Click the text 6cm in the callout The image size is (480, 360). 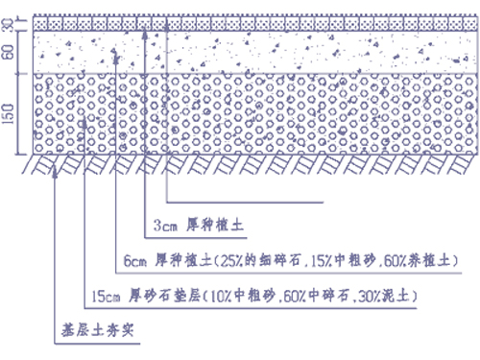coord(135,260)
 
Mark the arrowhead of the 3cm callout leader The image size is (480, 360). coord(144,32)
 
